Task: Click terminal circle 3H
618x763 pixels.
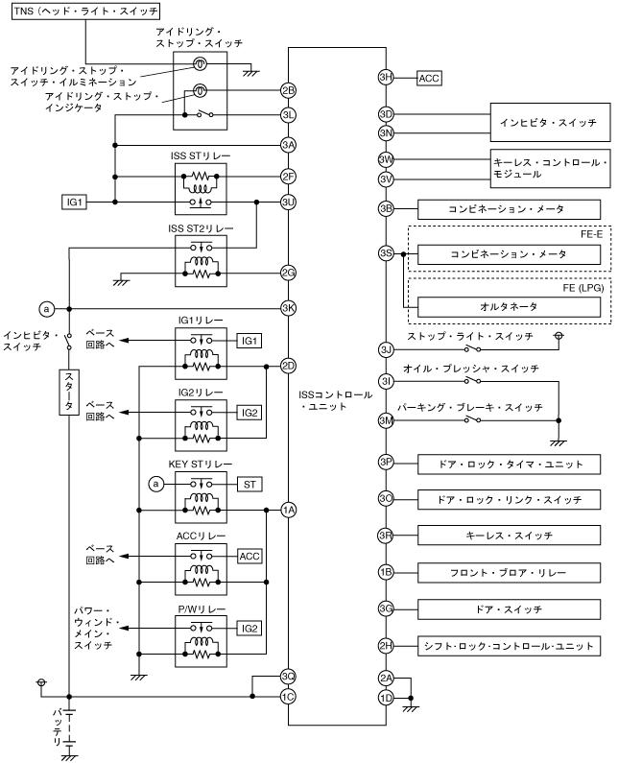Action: [x=386, y=78]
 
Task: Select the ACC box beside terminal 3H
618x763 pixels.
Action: [x=428, y=78]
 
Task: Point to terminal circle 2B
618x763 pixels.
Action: [x=288, y=91]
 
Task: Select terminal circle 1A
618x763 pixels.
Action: [x=288, y=510]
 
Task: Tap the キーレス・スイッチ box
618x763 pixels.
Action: [x=509, y=535]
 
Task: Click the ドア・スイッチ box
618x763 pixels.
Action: [x=509, y=608]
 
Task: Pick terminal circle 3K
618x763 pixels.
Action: [x=288, y=308]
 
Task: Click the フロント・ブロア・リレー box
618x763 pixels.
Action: [x=509, y=572]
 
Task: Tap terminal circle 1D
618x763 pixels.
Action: [x=386, y=697]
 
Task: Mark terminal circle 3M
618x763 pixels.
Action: [x=386, y=420]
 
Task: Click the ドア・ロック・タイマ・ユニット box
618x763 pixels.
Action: [x=509, y=463]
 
